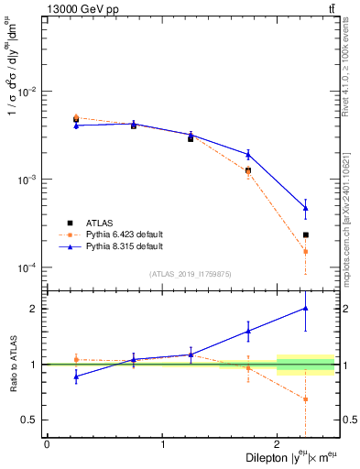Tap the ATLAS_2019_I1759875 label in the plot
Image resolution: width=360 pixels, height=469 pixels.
click(190, 273)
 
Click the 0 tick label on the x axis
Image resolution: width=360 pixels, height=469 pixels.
click(47, 443)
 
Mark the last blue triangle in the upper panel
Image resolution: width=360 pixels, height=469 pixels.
click(306, 208)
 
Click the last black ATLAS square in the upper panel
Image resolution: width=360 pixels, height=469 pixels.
click(306, 235)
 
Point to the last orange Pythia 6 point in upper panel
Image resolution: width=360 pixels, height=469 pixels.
click(306, 251)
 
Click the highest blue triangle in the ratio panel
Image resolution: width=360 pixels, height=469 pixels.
click(306, 309)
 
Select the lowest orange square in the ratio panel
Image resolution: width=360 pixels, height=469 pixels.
click(306, 399)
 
